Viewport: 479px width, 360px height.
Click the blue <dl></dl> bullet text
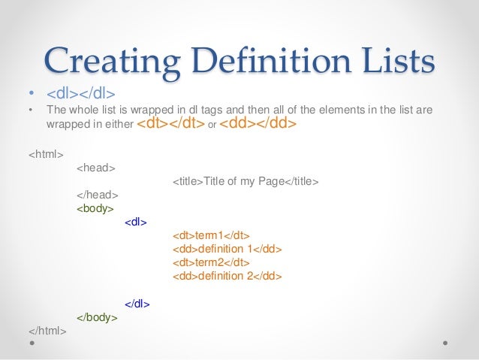[80, 95]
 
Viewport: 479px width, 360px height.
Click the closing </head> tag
[96, 195]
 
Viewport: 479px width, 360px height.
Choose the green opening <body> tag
[95, 208]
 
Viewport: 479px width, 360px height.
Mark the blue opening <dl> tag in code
[136, 222]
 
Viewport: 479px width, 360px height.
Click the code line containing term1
[211, 235]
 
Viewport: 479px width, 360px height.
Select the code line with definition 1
[227, 249]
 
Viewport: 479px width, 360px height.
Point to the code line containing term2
[211, 262]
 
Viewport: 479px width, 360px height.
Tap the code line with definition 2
[227, 276]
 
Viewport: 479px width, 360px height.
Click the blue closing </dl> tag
[137, 304]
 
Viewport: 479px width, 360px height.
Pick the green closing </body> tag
[97, 317]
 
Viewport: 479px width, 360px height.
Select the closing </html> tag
[47, 331]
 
